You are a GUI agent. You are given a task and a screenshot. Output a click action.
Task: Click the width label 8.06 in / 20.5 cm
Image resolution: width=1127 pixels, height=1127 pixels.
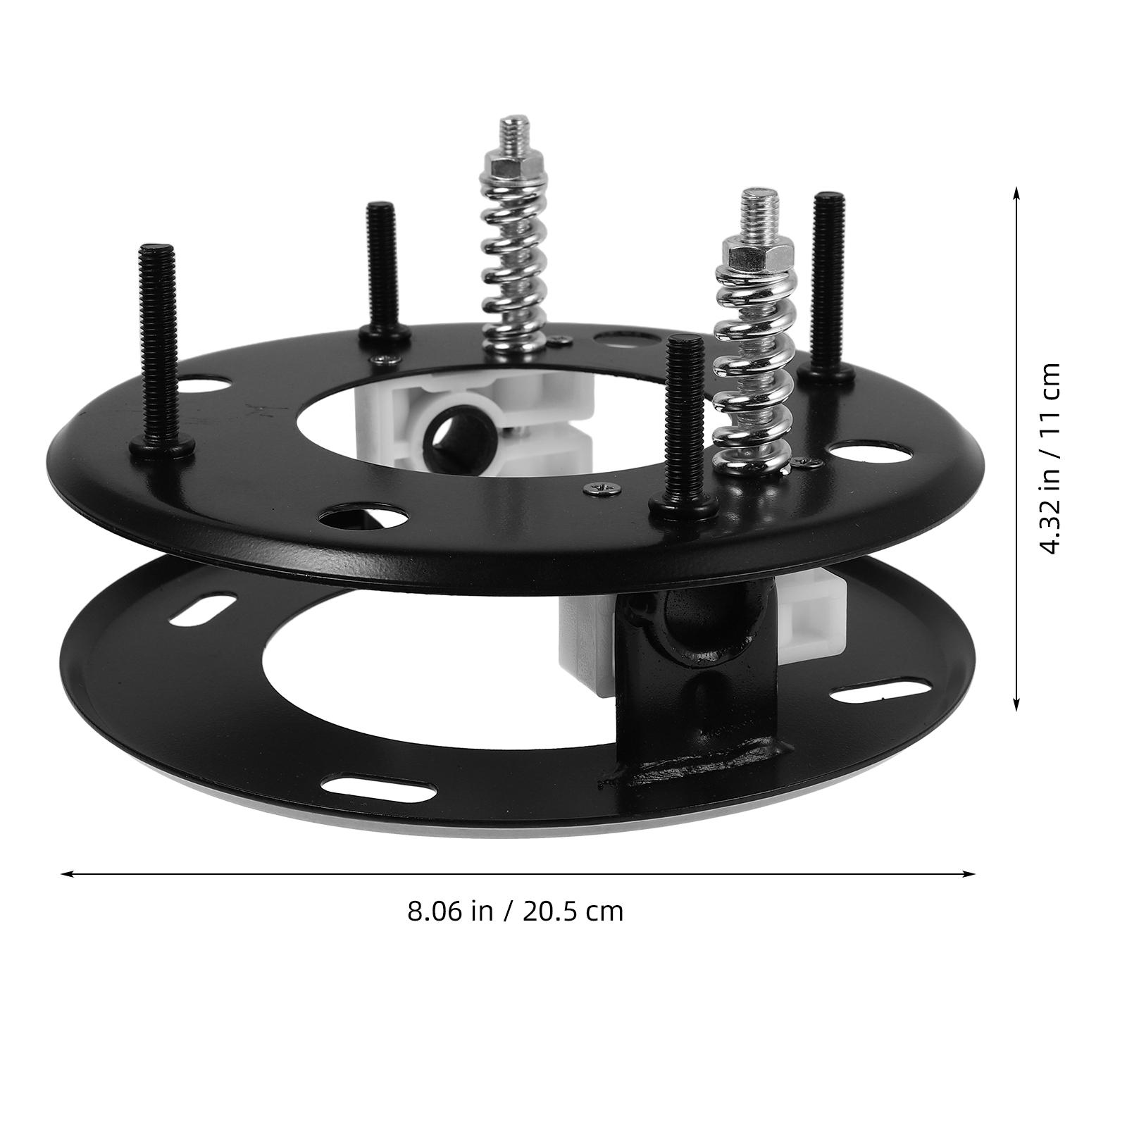[515, 911]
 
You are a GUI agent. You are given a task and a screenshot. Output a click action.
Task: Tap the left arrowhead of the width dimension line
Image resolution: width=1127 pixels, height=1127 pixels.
[67, 874]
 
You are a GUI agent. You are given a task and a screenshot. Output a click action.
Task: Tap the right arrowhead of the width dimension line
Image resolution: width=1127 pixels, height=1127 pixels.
[969, 874]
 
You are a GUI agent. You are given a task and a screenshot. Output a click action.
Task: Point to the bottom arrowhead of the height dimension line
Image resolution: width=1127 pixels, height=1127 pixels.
[1016, 705]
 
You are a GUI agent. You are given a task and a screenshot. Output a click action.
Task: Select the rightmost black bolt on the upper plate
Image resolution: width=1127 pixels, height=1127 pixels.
[829, 285]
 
